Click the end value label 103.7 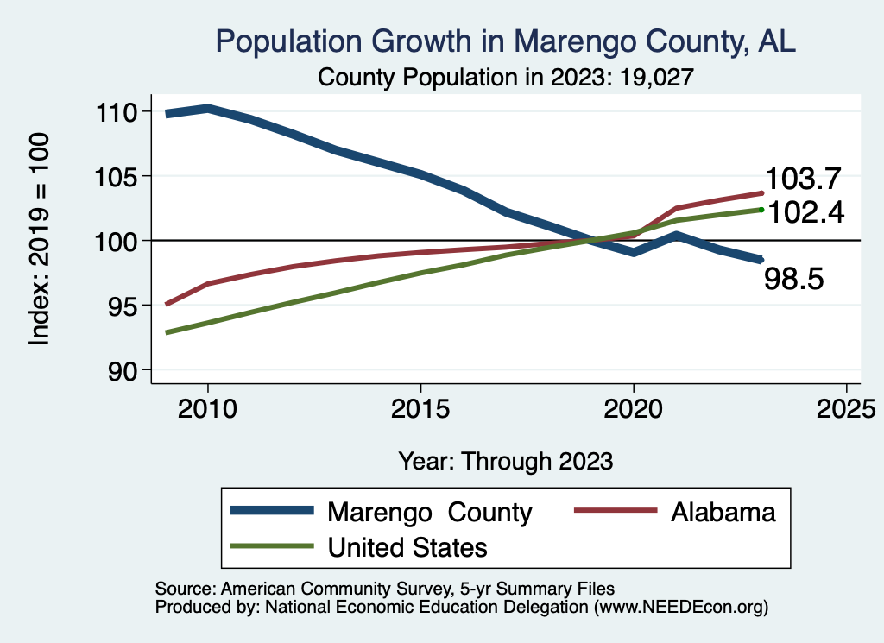[x=803, y=180]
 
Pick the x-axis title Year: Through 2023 [x=505, y=461]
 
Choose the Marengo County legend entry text [x=429, y=513]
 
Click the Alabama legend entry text [x=723, y=513]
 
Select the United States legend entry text [x=407, y=547]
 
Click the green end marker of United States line [x=761, y=209]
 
